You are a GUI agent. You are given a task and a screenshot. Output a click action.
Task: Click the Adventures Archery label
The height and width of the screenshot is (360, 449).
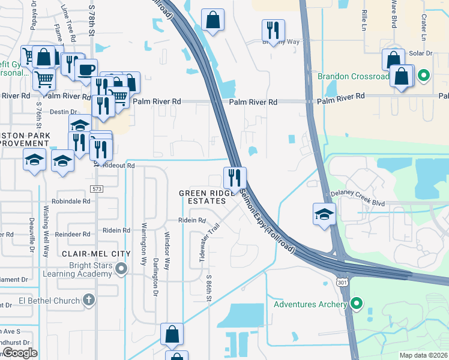coord(310,304)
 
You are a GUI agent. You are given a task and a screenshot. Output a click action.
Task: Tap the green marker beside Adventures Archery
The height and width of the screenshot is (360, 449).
coord(357,304)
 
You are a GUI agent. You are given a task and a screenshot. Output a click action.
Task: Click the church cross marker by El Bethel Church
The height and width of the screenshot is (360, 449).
coord(89,299)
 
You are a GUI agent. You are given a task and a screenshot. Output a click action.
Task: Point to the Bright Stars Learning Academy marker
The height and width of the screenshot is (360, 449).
coord(122,268)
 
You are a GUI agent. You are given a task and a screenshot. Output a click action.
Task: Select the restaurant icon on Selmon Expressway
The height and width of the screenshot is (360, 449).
coord(235,178)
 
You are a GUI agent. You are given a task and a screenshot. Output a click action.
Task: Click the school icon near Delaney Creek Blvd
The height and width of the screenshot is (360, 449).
coord(324,214)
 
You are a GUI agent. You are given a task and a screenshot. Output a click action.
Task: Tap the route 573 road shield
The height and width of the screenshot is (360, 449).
coord(97,189)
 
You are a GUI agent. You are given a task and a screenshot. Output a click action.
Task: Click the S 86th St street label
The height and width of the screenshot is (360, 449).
coord(209,289)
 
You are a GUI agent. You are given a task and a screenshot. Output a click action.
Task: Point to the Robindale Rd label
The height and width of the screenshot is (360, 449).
coord(71,202)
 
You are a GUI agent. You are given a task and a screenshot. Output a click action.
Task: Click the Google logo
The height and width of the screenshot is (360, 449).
coord(20,353)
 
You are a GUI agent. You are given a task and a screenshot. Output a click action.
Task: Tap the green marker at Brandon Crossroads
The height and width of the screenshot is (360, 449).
coord(423,76)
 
